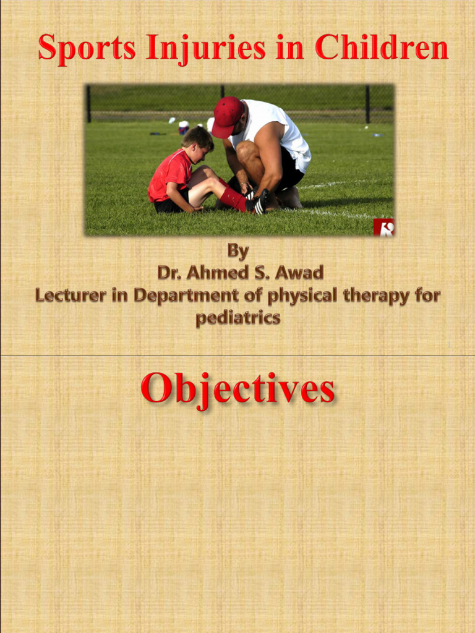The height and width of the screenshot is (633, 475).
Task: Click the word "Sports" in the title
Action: (x=87, y=48)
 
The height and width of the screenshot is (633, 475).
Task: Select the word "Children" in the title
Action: (x=382, y=48)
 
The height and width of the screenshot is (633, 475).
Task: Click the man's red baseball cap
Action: (x=227, y=115)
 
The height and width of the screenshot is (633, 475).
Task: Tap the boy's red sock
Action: (x=234, y=198)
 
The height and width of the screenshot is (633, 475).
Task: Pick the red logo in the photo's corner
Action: (x=383, y=227)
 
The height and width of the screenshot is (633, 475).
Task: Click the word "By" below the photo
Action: (x=238, y=252)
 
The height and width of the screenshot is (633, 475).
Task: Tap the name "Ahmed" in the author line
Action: (x=215, y=273)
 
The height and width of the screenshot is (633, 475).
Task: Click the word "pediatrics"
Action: (x=238, y=318)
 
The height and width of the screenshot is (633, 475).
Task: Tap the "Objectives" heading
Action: (x=238, y=389)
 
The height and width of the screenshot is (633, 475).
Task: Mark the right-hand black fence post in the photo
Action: (x=367, y=103)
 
